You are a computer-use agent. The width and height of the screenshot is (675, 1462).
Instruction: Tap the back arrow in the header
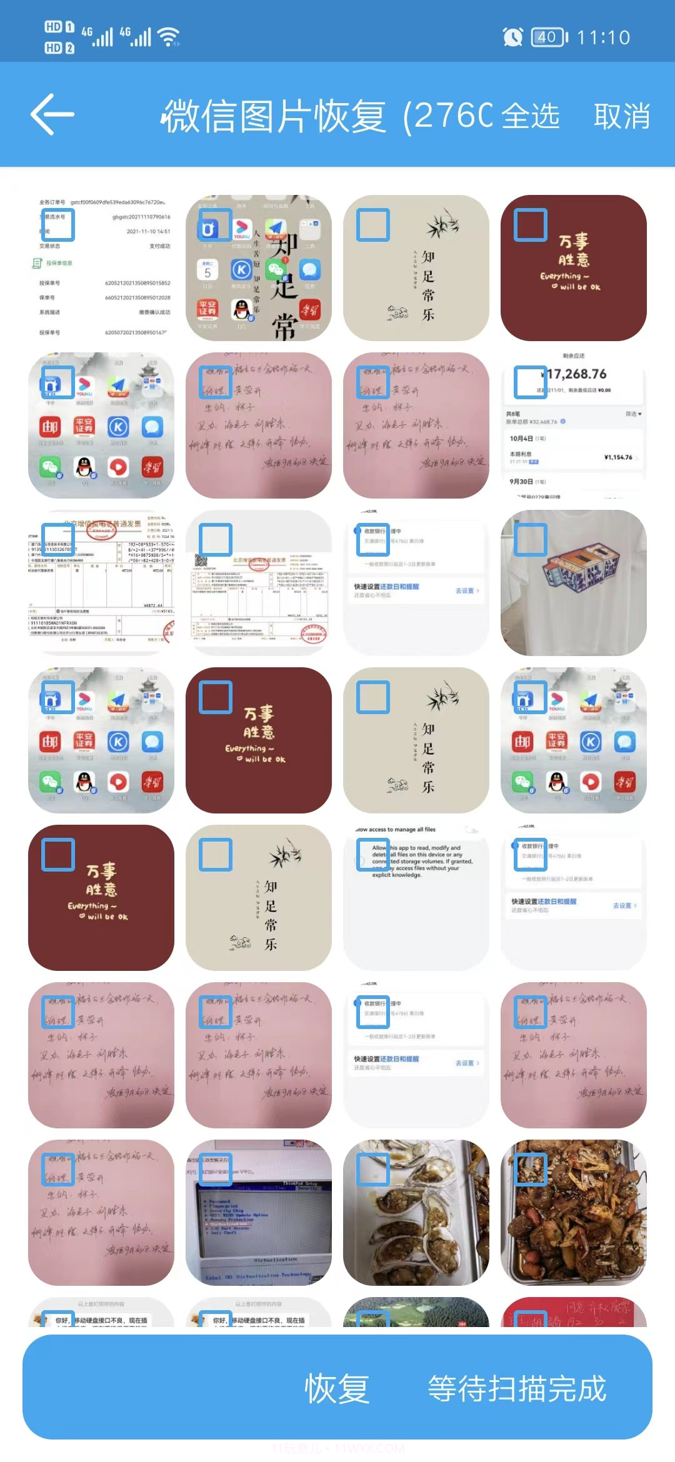click(52, 114)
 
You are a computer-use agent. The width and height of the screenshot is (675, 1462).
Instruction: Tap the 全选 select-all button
click(530, 116)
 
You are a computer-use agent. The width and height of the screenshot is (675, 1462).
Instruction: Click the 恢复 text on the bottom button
click(337, 1388)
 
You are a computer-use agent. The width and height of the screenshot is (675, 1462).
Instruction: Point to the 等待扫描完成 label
click(517, 1388)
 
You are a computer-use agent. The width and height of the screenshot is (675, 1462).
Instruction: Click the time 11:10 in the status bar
click(603, 37)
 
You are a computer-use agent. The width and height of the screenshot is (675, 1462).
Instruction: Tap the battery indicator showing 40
click(549, 37)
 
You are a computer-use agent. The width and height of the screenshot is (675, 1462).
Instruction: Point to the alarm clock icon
click(512, 37)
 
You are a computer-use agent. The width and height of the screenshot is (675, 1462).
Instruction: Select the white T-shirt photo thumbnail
click(573, 582)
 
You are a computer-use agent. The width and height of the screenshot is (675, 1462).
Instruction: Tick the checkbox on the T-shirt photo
click(531, 539)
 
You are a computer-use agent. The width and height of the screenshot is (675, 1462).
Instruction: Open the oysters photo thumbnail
click(416, 1212)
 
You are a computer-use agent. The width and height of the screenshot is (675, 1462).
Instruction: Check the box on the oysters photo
click(373, 1169)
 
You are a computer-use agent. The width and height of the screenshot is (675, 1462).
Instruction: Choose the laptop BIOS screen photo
click(258, 1212)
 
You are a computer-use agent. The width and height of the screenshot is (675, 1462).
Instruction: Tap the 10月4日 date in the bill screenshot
click(521, 438)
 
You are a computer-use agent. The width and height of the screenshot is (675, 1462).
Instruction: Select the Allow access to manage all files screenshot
click(416, 897)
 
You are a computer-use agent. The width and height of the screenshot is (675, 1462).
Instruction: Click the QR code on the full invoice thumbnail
click(201, 560)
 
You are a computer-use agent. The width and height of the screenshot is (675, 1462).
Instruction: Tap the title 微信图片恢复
click(274, 116)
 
